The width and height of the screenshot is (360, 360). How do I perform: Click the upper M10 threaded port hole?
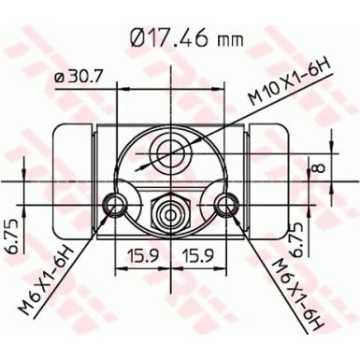(169, 150)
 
